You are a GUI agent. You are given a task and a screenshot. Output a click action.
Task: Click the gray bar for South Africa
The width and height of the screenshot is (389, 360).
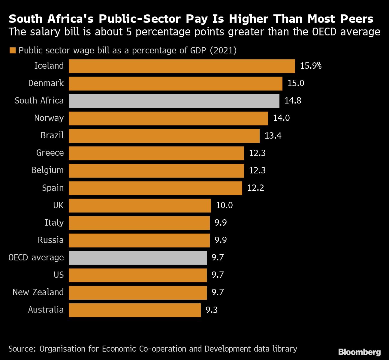174,101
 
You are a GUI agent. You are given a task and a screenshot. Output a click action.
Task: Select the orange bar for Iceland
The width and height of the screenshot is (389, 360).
182,66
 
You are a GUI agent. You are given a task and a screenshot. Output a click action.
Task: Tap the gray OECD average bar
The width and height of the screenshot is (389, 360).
138,258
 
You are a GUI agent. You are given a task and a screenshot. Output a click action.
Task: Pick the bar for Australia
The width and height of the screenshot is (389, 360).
135,310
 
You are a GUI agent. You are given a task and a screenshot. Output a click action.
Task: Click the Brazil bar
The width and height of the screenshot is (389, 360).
164,136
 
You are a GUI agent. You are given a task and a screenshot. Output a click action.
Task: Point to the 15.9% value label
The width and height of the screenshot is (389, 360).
311,66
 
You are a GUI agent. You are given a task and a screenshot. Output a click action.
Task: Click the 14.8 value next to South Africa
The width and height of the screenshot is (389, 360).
293,100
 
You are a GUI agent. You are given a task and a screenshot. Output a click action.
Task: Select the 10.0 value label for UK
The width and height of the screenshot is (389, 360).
225,205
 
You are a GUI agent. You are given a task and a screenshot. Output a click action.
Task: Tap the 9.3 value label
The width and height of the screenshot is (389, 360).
212,310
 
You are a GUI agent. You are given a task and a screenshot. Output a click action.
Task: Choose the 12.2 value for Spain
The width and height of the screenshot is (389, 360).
256,188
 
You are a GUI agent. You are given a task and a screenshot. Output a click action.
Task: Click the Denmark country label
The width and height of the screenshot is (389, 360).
46,83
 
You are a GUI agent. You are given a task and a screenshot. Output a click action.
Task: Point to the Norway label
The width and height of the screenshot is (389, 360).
49,118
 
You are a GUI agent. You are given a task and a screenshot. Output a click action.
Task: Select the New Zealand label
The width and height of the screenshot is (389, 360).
38,292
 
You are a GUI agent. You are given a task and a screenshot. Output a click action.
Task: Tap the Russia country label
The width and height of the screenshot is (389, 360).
51,240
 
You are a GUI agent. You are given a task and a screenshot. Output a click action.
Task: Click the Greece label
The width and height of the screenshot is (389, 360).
50,153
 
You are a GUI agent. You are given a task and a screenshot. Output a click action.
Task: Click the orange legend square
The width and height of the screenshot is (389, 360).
13,50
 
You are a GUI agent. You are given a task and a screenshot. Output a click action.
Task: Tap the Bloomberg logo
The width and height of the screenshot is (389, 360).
360,352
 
